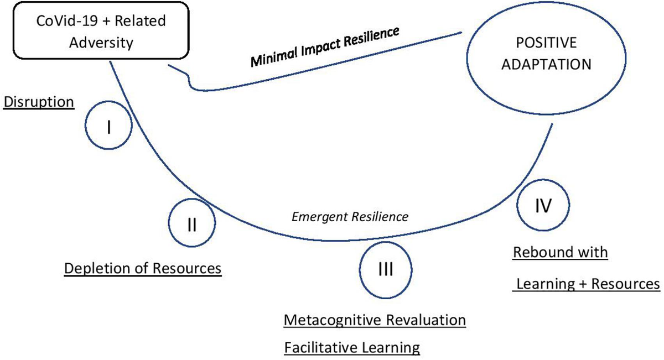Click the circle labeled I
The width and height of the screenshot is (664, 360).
pos(109,127)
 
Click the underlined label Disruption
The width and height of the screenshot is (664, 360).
pos(39,102)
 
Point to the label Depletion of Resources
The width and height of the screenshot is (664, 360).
pos(143,268)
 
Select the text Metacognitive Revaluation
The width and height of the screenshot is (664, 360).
pos(375,320)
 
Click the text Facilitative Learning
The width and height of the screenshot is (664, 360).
pos(352,348)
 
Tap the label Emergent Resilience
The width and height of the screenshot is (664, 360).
pos(350,217)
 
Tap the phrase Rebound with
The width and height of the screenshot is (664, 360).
pos(561,253)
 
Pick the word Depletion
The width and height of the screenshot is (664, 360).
pos(92,268)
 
